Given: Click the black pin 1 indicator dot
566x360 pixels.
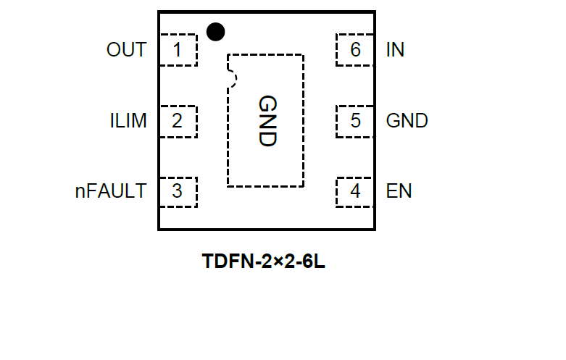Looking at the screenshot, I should (x=215, y=32).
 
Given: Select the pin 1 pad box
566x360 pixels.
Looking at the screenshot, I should (x=178, y=50).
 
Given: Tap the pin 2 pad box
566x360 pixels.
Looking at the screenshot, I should (x=178, y=120).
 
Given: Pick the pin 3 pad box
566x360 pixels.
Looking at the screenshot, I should (x=178, y=191).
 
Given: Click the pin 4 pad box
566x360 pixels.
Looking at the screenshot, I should (x=354, y=191).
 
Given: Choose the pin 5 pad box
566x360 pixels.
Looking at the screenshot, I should (x=354, y=120).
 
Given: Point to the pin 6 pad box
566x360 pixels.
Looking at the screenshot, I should (x=354, y=50).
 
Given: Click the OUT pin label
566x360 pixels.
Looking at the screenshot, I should (x=126, y=50).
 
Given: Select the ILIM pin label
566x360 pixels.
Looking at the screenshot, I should (x=128, y=120).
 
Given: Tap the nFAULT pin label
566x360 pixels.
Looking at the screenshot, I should (x=111, y=191).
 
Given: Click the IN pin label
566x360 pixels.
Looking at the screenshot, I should (x=396, y=50).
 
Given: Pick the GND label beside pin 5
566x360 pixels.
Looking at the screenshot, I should (x=407, y=120).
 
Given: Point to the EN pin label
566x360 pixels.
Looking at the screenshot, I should (x=399, y=191).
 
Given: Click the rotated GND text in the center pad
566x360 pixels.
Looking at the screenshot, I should (x=267, y=121).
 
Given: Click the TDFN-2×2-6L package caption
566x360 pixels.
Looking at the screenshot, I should (x=264, y=261).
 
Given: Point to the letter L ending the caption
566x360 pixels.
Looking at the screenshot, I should (x=320, y=261).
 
